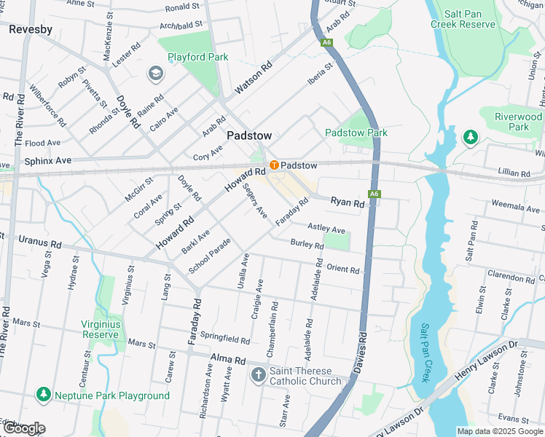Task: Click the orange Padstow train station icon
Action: pyautogui.click(x=275, y=165)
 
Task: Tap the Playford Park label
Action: pyautogui.click(x=197, y=57)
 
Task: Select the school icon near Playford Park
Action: pyautogui.click(x=155, y=73)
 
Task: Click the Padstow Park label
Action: pyautogui.click(x=356, y=133)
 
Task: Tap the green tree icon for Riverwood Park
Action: pyautogui.click(x=471, y=136)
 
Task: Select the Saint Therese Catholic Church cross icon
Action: pyautogui.click(x=258, y=375)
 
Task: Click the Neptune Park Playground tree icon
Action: pyautogui.click(x=44, y=395)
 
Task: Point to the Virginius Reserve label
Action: pyautogui.click(x=101, y=329)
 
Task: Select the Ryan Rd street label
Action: pyautogui.click(x=347, y=203)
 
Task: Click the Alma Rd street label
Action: pyautogui.click(x=228, y=358)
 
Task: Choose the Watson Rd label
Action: pyautogui.click(x=253, y=79)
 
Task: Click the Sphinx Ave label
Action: pyautogui.click(x=48, y=160)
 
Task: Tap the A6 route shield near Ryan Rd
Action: pyautogui.click(x=374, y=194)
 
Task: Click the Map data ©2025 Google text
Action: pyautogui.click(x=500, y=431)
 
